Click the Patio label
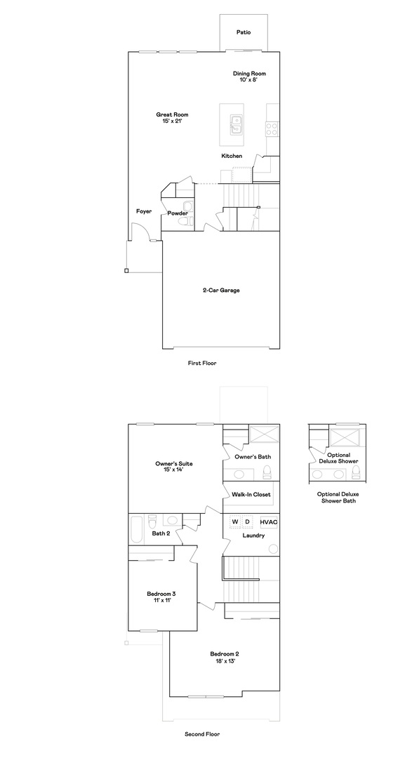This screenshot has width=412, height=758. (244, 32)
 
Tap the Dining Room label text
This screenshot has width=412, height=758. (249, 74)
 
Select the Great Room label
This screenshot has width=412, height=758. (172, 114)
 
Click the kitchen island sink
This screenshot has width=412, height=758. (236, 124)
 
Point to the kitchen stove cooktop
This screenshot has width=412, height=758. (272, 128)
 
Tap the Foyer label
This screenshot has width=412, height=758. (144, 211)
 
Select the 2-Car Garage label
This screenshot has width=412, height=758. (221, 291)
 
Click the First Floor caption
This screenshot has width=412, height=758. (202, 363)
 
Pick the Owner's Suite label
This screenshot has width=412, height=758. (171, 463)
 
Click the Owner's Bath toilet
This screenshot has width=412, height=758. (267, 472)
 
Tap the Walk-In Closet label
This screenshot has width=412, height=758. (251, 495)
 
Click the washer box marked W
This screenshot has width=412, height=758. (235, 522)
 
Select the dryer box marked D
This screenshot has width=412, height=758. (247, 522)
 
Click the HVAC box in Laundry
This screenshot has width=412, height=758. (269, 522)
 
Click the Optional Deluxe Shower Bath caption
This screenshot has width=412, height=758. (338, 498)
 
